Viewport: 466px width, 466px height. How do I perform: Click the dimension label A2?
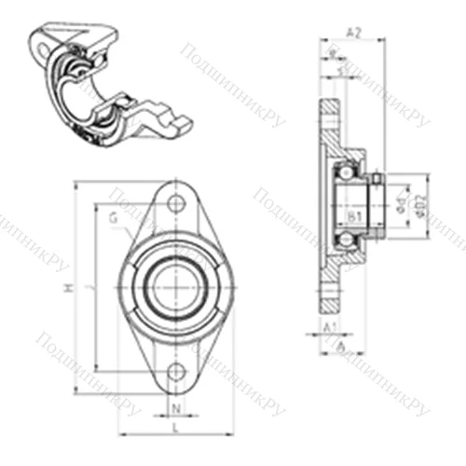point(352,32)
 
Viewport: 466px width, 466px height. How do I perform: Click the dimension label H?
point(67,290)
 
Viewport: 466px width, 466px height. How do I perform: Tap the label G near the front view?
point(113,218)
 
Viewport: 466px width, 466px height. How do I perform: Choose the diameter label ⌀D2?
point(420,203)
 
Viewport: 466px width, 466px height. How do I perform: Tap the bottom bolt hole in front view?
point(175,373)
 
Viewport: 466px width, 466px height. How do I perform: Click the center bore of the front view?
point(175,286)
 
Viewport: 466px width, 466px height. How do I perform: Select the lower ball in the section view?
point(347,241)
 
